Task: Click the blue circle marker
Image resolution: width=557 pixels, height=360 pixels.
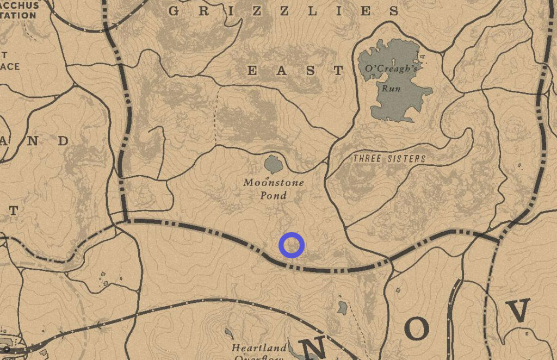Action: click(x=292, y=245)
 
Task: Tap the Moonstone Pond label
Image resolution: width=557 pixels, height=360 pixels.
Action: click(x=274, y=189)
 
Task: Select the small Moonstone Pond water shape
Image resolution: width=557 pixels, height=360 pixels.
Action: click(x=273, y=163)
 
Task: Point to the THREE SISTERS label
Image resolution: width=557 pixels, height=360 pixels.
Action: click(x=389, y=159)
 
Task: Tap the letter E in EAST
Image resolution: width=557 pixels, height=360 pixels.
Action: click(x=252, y=70)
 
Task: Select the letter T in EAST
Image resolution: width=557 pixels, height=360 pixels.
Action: click(x=339, y=70)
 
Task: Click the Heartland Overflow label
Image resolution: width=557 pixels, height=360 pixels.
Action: click(x=259, y=351)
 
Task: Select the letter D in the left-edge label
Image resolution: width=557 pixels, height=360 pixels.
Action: click(x=63, y=141)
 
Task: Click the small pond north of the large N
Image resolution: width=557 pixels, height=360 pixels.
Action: click(x=342, y=308)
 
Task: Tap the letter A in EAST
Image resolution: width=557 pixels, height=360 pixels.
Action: click(x=281, y=70)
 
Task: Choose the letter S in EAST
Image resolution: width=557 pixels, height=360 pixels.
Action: click(x=310, y=70)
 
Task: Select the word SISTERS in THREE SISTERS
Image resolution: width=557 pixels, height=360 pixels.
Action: click(x=405, y=159)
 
